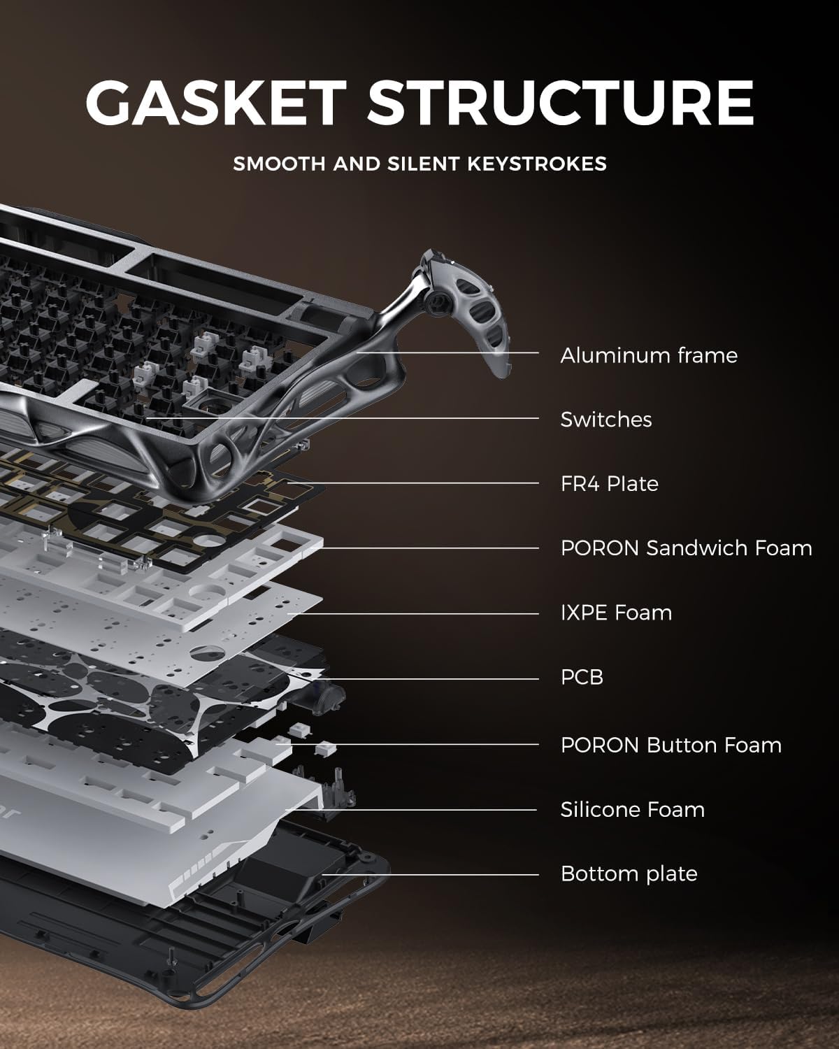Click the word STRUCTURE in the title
tap(560, 103)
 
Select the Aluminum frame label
tap(648, 355)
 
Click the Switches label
tap(605, 420)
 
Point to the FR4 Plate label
tap(609, 484)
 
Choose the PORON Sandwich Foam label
tap(686, 548)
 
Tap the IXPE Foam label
tap(615, 613)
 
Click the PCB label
tap(581, 677)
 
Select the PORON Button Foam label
tap(671, 745)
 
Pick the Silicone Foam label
tap(632, 809)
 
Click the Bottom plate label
tap(629, 873)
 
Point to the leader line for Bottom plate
tap(433, 874)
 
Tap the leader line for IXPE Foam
tap(419, 614)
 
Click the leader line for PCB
tap(433, 678)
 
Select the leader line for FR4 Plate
tap(419, 483)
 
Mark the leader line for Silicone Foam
tap(419, 810)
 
